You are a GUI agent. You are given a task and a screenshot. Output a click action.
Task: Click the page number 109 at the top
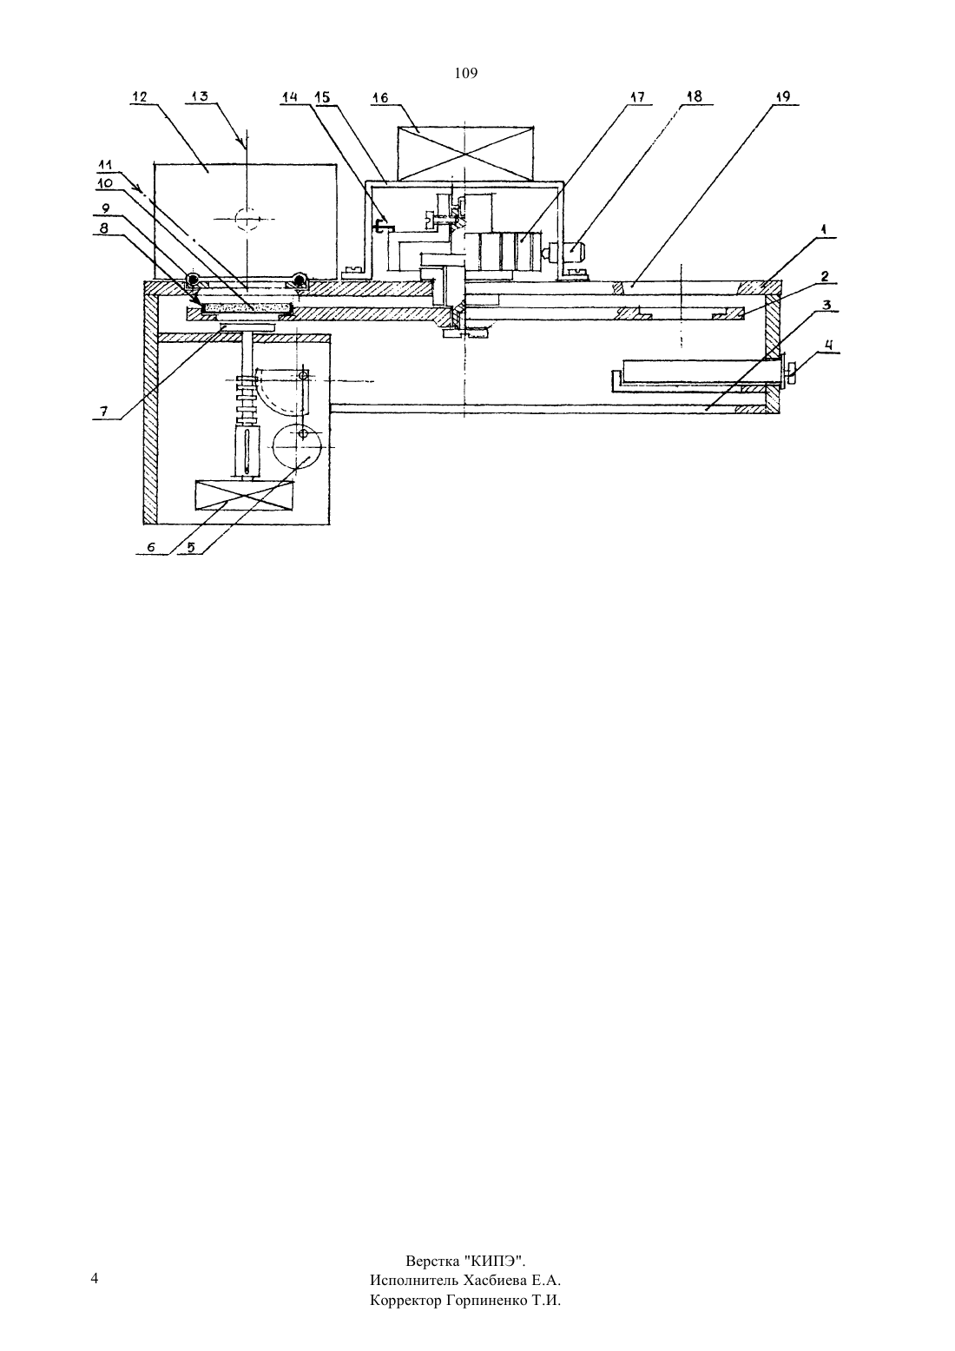[466, 74]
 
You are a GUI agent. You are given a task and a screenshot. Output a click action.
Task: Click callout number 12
[140, 97]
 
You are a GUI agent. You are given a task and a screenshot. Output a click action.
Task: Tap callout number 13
[200, 97]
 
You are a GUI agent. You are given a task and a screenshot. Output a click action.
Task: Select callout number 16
[381, 98]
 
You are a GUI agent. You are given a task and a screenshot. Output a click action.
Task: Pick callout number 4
[830, 346]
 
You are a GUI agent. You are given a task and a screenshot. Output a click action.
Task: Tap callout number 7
[103, 412]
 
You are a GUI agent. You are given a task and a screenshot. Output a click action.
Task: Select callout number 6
[151, 547]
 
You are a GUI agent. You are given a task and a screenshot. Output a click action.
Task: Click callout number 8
[103, 228]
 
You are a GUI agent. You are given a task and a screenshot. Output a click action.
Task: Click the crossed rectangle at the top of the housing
[464, 153]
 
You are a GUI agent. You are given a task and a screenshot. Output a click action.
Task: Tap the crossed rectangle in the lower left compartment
[244, 495]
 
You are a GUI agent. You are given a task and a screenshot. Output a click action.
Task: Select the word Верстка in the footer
[432, 1262]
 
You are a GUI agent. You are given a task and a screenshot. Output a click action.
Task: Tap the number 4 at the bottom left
[95, 1279]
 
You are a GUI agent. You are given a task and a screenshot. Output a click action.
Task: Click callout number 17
[636, 97]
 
